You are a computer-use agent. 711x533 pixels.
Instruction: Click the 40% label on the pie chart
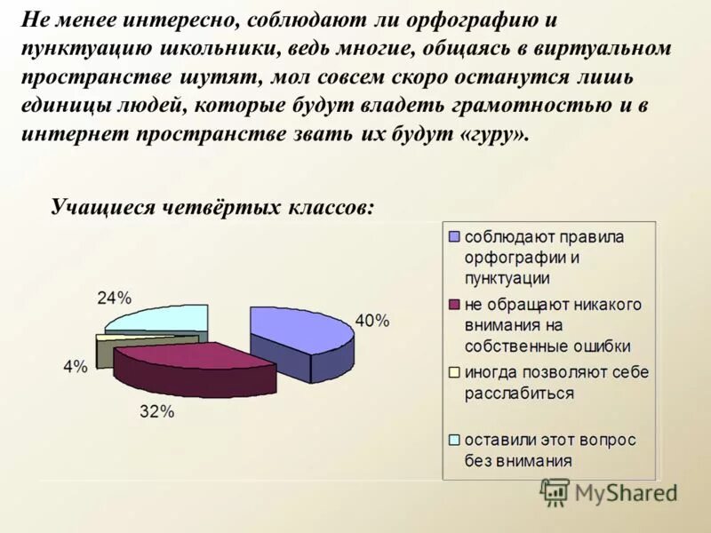click(372, 322)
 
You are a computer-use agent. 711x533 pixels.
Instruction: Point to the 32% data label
click(157, 411)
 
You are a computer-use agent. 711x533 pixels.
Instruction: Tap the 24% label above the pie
click(114, 298)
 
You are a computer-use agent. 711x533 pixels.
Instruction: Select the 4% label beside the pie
click(76, 367)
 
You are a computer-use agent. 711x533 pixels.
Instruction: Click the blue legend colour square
click(455, 236)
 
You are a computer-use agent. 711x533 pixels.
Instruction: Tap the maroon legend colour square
click(455, 304)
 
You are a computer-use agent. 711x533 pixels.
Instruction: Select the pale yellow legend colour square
click(455, 371)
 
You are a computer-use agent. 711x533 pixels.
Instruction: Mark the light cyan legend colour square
click(455, 439)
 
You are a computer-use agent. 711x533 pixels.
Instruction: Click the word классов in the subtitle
click(329, 207)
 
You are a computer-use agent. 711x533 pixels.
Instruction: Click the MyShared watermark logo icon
click(555, 491)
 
